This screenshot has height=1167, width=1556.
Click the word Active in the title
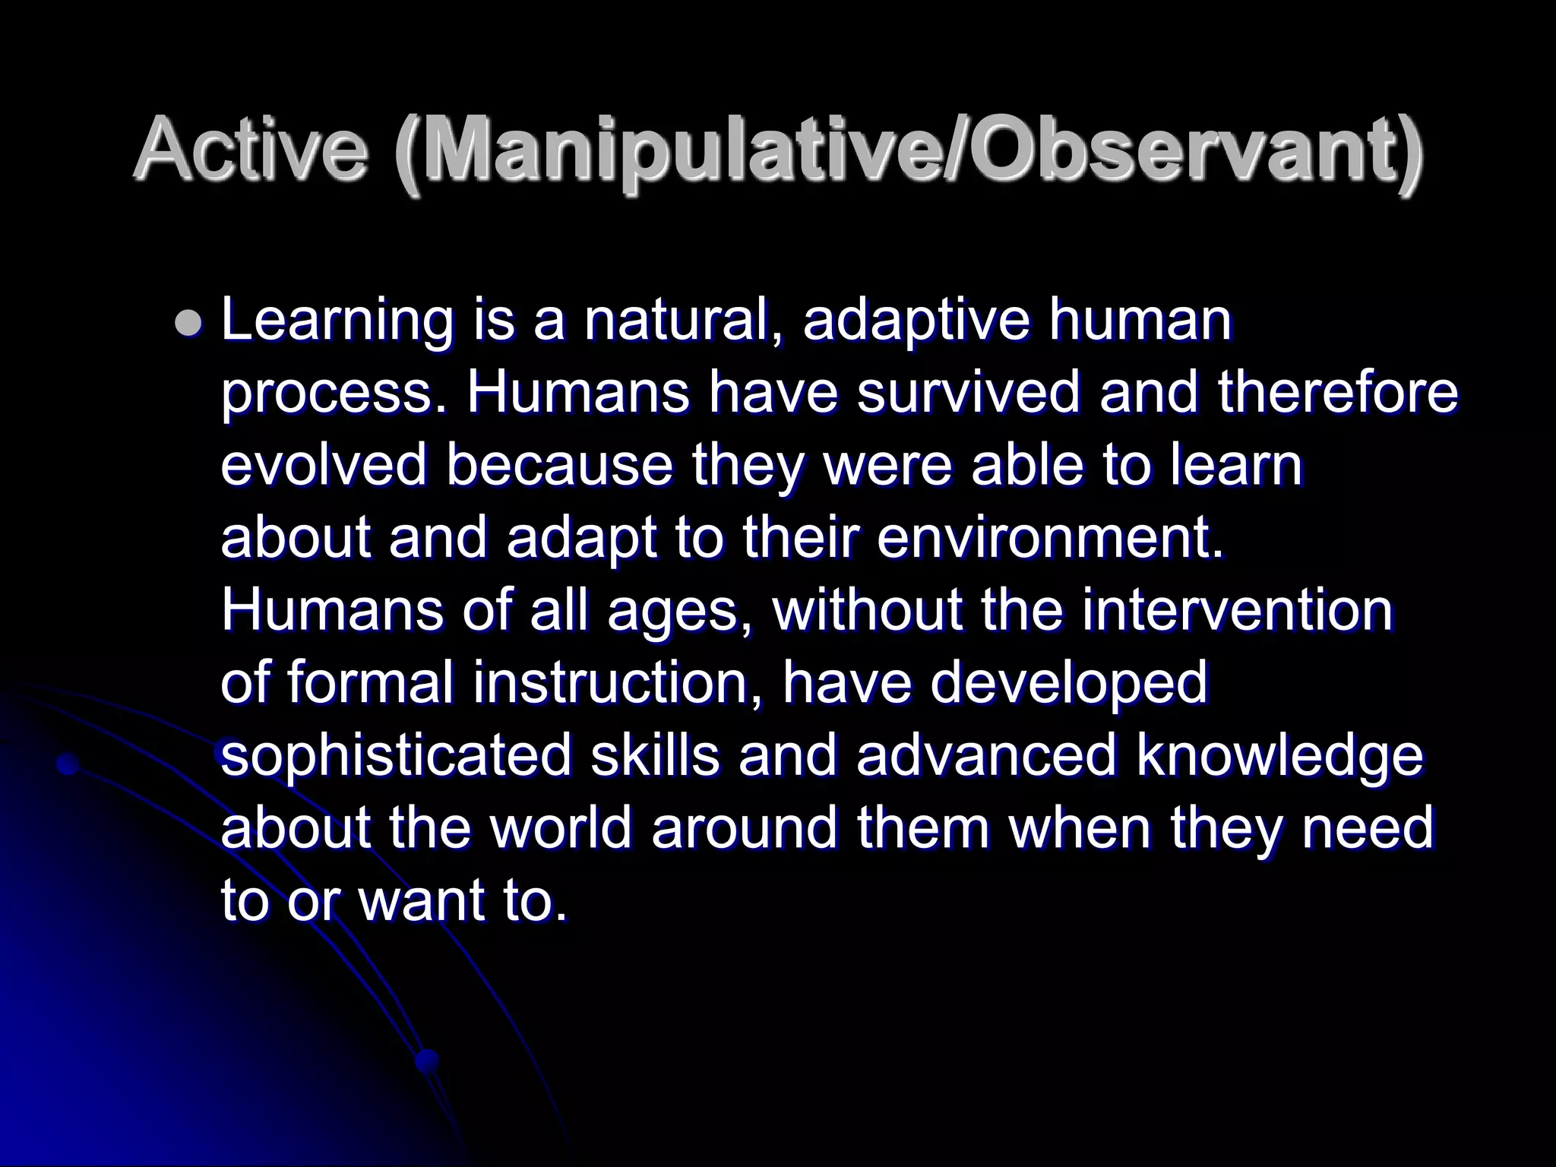[251, 150]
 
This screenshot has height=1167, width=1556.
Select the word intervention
[1238, 610]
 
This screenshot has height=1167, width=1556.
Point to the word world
[561, 827]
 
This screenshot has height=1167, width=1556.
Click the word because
[559, 466]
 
